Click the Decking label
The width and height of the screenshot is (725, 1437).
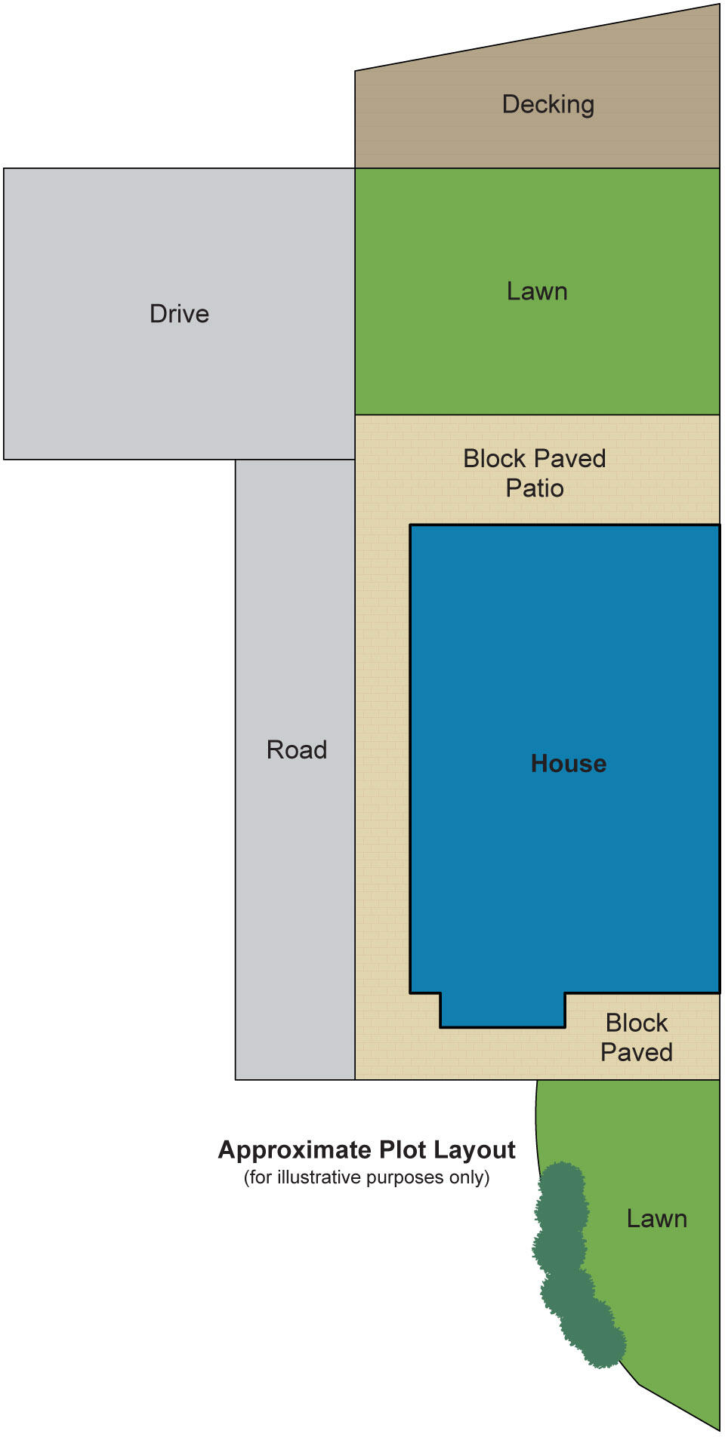[548, 104]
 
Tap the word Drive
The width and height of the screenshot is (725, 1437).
[179, 313]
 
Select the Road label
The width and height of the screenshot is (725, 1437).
[296, 749]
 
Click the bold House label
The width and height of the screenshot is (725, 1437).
[568, 763]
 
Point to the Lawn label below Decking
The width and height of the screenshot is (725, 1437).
[536, 291]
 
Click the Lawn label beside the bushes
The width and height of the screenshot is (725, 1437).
[656, 1218]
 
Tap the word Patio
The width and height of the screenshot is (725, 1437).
[535, 488]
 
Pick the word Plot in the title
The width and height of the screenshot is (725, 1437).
[404, 1149]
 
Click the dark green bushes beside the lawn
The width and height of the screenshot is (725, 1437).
[570, 1260]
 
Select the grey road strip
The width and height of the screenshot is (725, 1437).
[295, 906]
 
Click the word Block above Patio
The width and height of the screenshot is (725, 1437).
[495, 458]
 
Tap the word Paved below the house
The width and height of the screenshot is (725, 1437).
[636, 1052]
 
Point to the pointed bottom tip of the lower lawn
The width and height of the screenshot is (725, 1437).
[716, 1426]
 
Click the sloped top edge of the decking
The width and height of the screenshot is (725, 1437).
[536, 37]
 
